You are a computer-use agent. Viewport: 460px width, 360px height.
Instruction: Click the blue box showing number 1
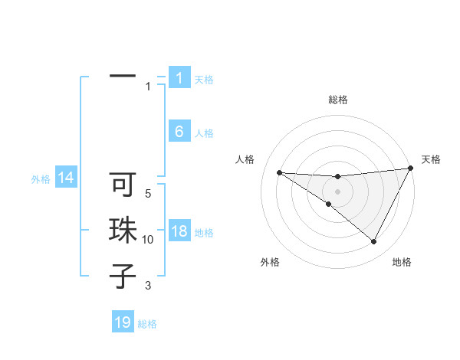pyautogui.click(x=179, y=78)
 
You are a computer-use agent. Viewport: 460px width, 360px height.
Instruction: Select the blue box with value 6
pyautogui.click(x=179, y=132)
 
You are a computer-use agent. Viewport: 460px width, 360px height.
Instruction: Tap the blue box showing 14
pyautogui.click(x=66, y=178)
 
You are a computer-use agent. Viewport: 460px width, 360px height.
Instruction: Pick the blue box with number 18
pyautogui.click(x=179, y=231)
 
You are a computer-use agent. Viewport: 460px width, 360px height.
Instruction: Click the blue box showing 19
pyautogui.click(x=123, y=322)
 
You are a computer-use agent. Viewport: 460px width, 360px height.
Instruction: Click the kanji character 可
pyautogui.click(x=123, y=185)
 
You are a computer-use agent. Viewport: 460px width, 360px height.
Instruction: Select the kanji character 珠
pyautogui.click(x=123, y=231)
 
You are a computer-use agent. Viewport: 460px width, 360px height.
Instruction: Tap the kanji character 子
pyautogui.click(x=123, y=276)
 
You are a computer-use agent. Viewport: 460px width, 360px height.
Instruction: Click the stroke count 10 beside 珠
pyautogui.click(x=148, y=240)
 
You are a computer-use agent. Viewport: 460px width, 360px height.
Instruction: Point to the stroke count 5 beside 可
pyautogui.click(x=148, y=195)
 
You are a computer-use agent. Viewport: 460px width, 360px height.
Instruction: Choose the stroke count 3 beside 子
pyautogui.click(x=148, y=286)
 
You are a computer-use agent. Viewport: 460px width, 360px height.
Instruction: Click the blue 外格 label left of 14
pyautogui.click(x=41, y=179)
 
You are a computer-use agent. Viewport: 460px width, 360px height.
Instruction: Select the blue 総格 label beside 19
pyautogui.click(x=147, y=324)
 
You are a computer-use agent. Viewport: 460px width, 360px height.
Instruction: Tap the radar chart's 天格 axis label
pyautogui.click(x=432, y=159)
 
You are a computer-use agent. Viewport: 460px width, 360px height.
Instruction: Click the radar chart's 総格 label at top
pyautogui.click(x=337, y=100)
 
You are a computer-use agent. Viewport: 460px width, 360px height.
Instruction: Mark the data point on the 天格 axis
pyautogui.click(x=411, y=169)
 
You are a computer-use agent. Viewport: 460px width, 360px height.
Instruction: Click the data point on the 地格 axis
pyautogui.click(x=374, y=242)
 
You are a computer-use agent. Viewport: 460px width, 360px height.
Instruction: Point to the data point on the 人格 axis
pyautogui.click(x=279, y=172)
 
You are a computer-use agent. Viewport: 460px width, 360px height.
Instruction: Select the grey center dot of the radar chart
pyautogui.click(x=337, y=191)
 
